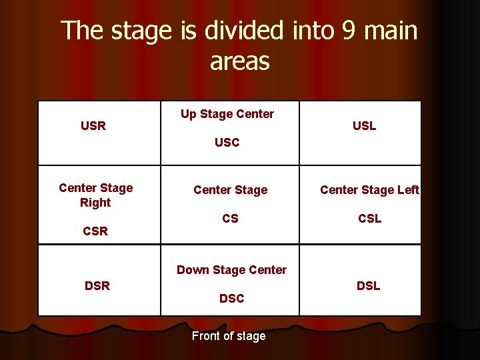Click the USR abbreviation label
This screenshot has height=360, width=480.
(x=93, y=125)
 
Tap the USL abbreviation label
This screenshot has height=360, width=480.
(x=364, y=125)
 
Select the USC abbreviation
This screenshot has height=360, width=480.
(x=227, y=142)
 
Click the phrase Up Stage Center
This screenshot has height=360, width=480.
(x=227, y=114)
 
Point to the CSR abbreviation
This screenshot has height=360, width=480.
(x=95, y=232)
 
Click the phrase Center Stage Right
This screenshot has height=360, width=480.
(x=95, y=195)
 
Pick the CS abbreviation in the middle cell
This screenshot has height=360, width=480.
(x=230, y=219)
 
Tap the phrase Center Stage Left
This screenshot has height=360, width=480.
(x=369, y=190)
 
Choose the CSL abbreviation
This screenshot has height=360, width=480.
(x=369, y=219)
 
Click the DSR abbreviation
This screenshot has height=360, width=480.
(x=97, y=286)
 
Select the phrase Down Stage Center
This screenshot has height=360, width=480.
(x=231, y=270)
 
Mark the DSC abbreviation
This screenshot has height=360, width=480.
(x=231, y=299)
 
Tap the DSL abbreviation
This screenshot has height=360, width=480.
(x=368, y=286)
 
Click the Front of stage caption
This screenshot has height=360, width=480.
(x=228, y=336)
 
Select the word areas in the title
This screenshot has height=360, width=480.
(x=239, y=62)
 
